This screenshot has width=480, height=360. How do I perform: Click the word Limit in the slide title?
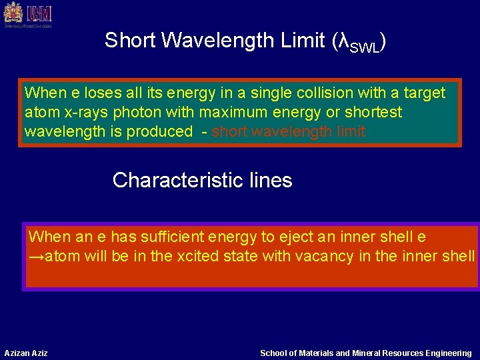[x=299, y=41]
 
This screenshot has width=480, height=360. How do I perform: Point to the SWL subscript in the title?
[x=366, y=45]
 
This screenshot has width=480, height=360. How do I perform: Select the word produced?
[x=163, y=131]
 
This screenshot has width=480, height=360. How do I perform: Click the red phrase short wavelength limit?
[x=289, y=131]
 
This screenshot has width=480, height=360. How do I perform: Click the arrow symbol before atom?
[x=36, y=256]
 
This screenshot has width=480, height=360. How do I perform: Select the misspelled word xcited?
[x=198, y=256]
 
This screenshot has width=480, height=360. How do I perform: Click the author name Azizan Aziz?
[x=26, y=353]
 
